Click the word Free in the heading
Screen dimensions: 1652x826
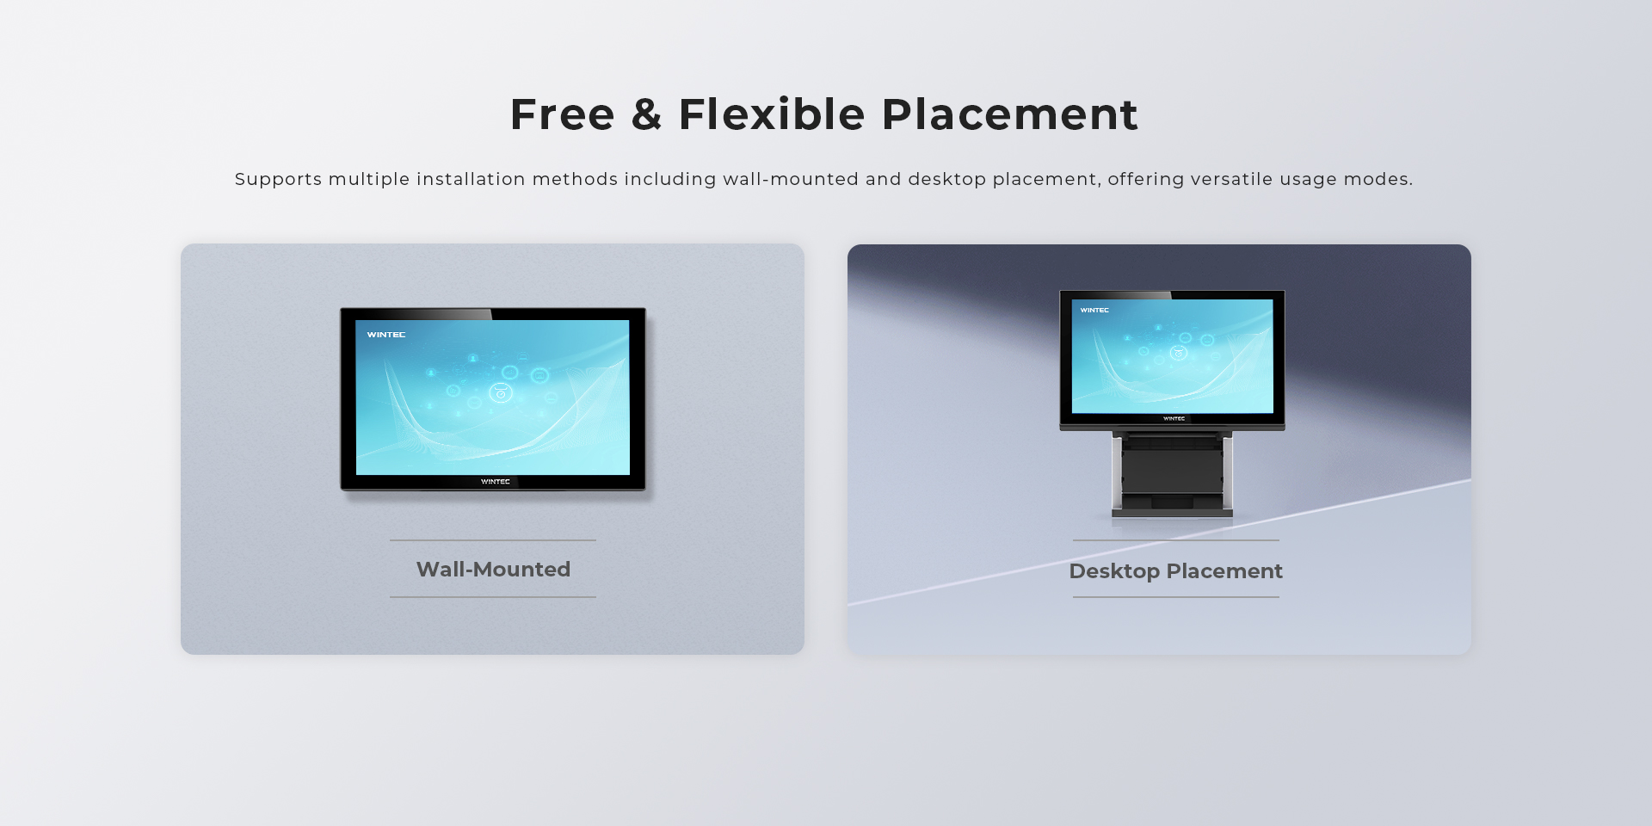[x=563, y=114]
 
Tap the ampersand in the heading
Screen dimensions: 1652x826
[x=646, y=114]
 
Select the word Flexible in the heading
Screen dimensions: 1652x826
[x=772, y=114]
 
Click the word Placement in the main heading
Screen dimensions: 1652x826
[x=1010, y=114]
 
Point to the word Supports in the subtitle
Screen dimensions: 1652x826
[x=279, y=180]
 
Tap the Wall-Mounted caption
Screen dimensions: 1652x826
[x=493, y=570]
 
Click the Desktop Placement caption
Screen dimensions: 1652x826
[x=1175, y=571]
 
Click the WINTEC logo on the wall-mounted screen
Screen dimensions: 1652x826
[x=386, y=335]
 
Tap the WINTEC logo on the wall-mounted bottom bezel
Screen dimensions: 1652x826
[x=496, y=482]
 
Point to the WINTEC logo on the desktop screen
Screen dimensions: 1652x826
[x=1094, y=310]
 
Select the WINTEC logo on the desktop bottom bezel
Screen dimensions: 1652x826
[x=1174, y=419]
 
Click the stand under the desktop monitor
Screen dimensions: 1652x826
[x=1172, y=473]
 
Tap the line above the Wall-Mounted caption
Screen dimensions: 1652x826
[x=493, y=540]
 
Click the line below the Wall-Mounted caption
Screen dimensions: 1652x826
[x=493, y=597]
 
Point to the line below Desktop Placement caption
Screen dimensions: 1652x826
[x=1176, y=597]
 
